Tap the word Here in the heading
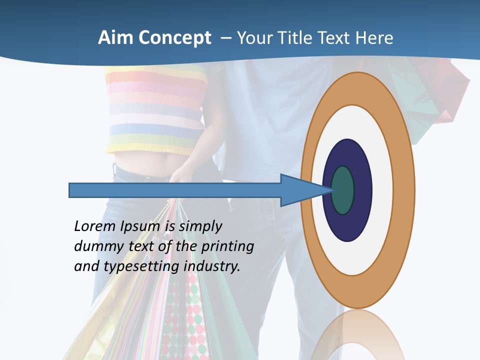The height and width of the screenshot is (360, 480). point(375,38)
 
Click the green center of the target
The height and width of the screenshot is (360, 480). point(343,190)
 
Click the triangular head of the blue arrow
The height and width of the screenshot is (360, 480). point(300,190)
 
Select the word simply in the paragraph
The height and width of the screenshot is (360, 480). point(200,226)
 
